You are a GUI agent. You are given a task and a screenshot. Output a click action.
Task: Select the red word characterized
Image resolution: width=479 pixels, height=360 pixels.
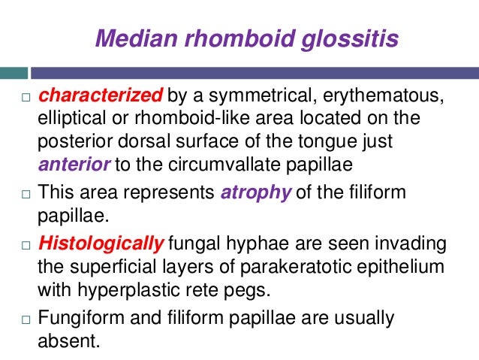pyautogui.click(x=100, y=96)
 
